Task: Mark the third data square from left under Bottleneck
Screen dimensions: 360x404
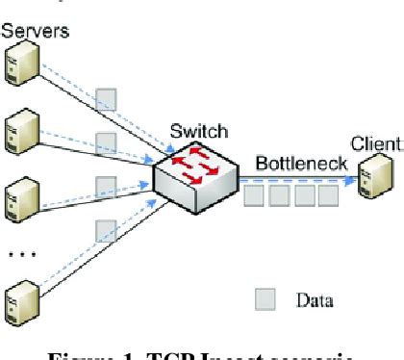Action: pyautogui.click(x=303, y=197)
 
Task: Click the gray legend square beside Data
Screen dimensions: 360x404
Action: pyautogui.click(x=263, y=299)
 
